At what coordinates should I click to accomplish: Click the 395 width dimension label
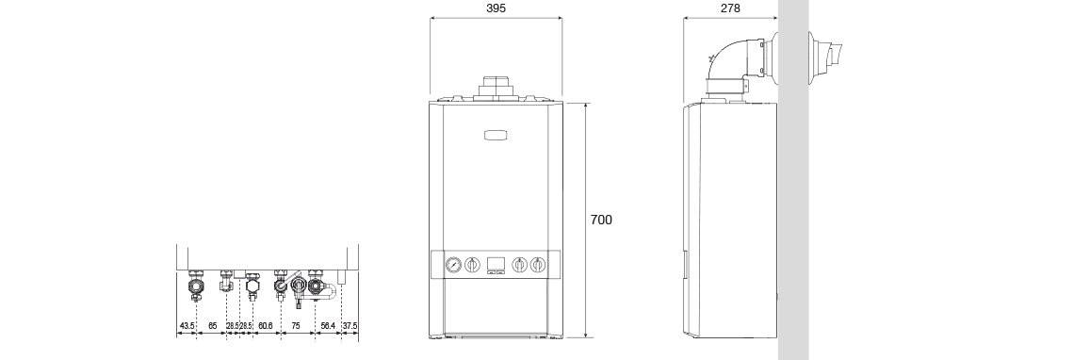(496, 8)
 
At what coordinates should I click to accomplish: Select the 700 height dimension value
(601, 220)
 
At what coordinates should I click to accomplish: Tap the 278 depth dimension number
(730, 8)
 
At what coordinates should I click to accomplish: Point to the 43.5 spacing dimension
(187, 325)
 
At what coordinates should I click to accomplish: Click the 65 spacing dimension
(213, 325)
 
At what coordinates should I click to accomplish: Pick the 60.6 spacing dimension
(267, 325)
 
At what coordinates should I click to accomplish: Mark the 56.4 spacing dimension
(328, 325)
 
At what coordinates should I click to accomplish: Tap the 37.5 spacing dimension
(350, 325)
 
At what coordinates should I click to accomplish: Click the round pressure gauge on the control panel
(453, 264)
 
